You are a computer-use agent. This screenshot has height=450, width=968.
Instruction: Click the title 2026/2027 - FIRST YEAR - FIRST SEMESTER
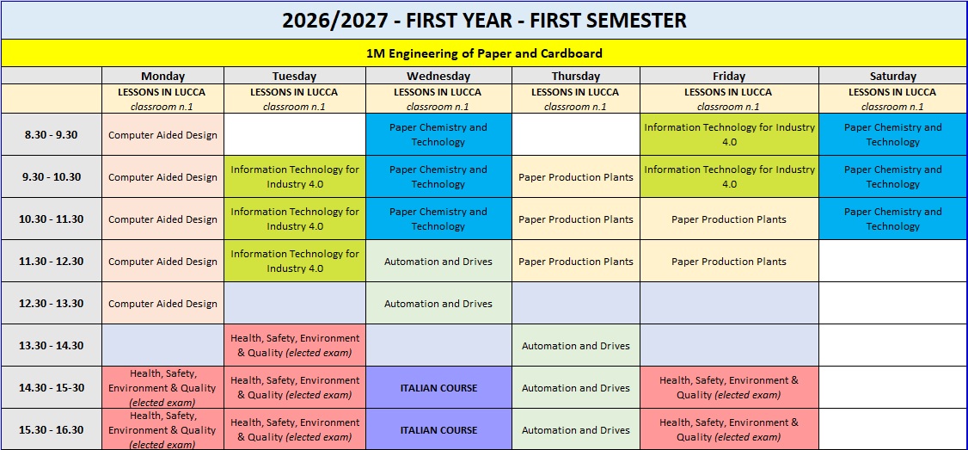(x=484, y=21)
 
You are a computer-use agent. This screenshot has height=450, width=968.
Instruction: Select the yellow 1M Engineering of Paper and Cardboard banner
(x=484, y=53)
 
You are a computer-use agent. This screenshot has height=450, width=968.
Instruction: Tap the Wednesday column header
(x=438, y=76)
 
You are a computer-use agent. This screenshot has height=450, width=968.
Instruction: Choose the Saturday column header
(x=892, y=76)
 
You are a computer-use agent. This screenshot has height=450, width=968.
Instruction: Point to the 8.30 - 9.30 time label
(x=52, y=135)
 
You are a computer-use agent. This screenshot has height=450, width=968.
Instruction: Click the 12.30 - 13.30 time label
(x=52, y=304)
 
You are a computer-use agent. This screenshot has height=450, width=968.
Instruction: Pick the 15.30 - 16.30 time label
(x=52, y=429)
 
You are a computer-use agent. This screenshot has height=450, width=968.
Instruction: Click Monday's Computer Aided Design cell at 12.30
(x=163, y=304)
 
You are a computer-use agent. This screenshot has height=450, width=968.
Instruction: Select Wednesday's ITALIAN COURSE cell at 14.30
(x=438, y=387)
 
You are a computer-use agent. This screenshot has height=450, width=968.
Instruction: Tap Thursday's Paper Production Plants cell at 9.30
(x=576, y=176)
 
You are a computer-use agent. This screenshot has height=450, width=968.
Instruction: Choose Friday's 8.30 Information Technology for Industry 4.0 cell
(x=730, y=135)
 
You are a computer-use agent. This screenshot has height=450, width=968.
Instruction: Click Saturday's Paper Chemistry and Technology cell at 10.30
(x=892, y=219)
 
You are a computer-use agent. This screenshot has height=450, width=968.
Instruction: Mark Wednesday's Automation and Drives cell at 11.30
(x=438, y=262)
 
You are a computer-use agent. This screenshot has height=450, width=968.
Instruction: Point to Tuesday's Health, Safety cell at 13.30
(x=295, y=346)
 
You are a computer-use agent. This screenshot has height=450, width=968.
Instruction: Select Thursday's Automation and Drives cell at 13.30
(x=576, y=346)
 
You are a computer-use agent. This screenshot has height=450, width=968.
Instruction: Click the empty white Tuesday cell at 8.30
(x=295, y=135)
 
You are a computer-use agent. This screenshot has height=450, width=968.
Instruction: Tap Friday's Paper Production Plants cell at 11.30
(x=730, y=262)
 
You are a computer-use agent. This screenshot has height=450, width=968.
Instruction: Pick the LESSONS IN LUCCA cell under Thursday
(x=576, y=99)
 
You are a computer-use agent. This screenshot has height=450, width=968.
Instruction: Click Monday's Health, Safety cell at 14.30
(x=163, y=387)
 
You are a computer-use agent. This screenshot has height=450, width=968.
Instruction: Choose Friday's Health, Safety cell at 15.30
(x=730, y=429)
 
